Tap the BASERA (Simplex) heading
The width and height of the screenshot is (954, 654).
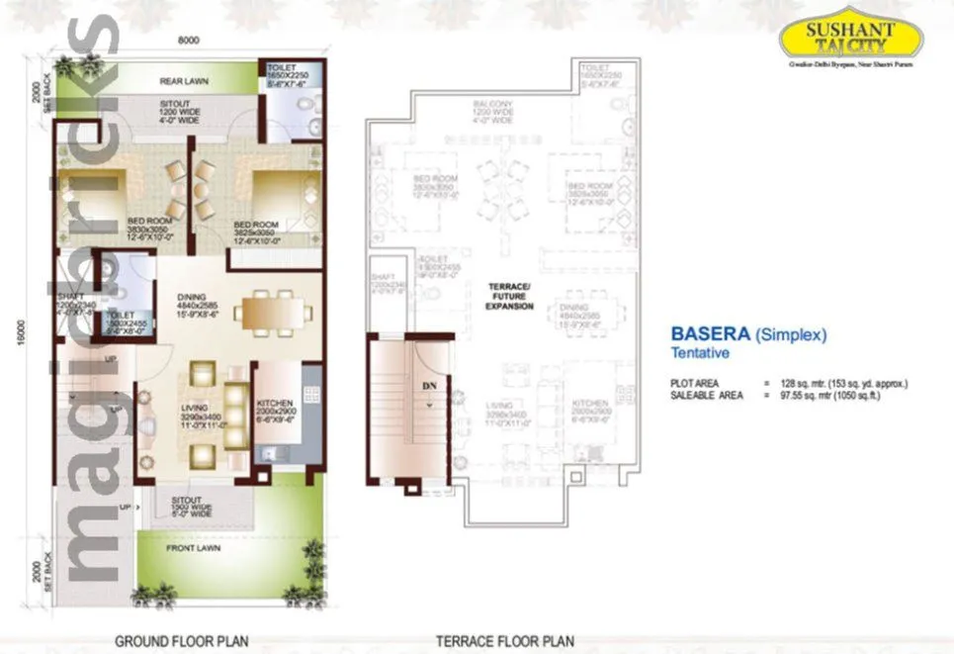(x=748, y=334)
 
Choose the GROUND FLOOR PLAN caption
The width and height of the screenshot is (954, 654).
(x=181, y=641)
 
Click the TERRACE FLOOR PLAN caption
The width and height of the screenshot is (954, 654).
(x=505, y=641)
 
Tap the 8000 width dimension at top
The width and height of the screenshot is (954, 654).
(x=190, y=41)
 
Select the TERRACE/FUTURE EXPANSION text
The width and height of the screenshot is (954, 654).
(x=510, y=297)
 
